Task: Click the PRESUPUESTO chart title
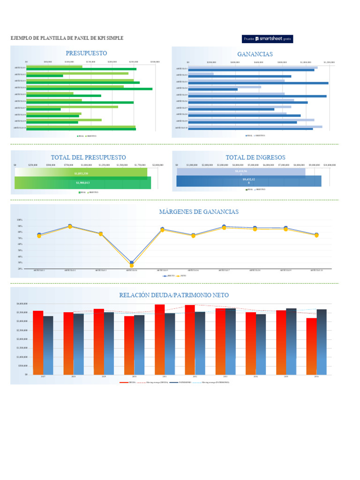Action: click(86, 53)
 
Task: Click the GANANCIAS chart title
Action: click(255, 54)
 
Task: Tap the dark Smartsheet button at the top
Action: click(267, 39)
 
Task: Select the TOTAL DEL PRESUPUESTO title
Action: click(88, 157)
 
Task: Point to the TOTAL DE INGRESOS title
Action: click(255, 157)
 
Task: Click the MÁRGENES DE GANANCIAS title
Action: click(199, 212)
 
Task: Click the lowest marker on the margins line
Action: click(132, 265)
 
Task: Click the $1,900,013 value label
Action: click(82, 183)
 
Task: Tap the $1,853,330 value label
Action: click(81, 173)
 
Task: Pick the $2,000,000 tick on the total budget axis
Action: click(157, 165)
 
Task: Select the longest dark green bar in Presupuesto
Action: click(89, 89)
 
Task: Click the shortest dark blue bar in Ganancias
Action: click(213, 89)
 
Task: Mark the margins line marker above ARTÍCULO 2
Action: click(70, 226)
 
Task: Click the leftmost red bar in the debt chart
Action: click(38, 342)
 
